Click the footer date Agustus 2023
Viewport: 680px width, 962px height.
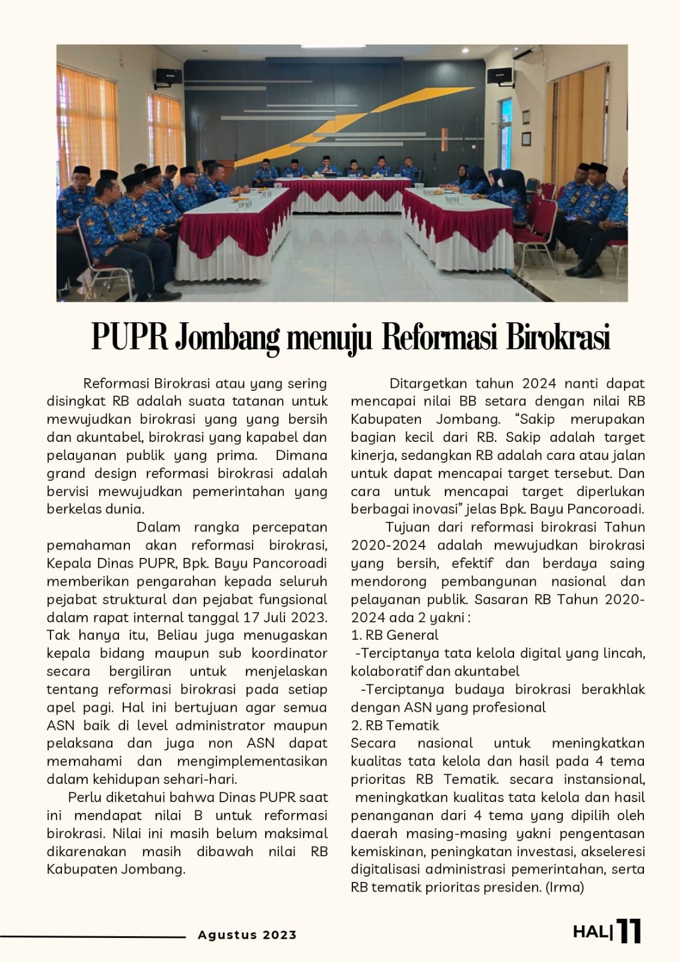click(x=247, y=935)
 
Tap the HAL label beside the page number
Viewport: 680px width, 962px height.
click(x=592, y=933)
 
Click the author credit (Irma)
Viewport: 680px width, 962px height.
click(x=565, y=887)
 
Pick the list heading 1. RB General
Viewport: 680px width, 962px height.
click(x=394, y=635)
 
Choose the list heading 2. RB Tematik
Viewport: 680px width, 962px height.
click(x=395, y=725)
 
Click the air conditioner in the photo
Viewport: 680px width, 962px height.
click(x=530, y=54)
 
